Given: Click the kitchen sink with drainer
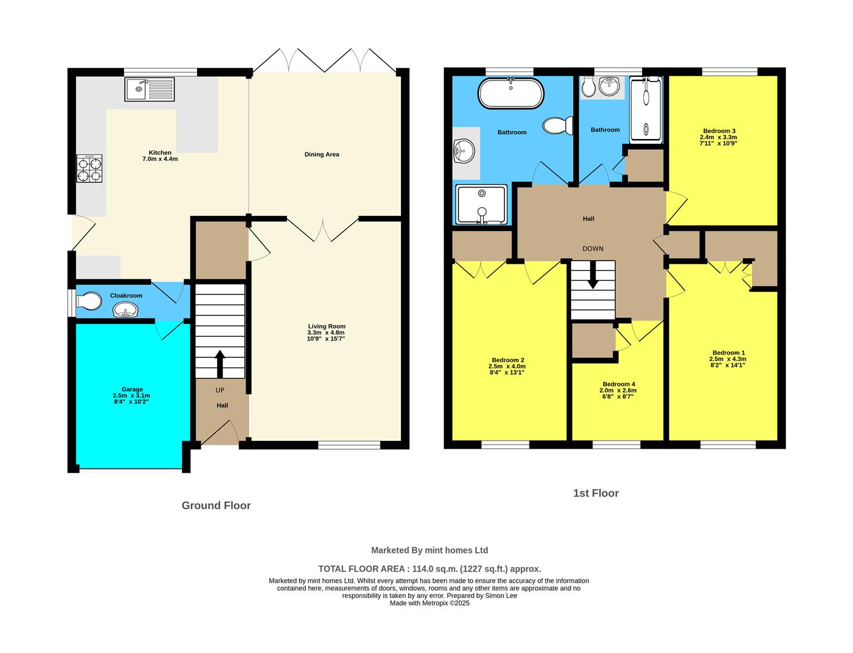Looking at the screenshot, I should click(149, 89).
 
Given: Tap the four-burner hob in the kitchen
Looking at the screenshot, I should click(89, 169).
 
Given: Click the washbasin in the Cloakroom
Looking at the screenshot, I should click(125, 311).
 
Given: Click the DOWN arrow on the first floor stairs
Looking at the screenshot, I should click(592, 275).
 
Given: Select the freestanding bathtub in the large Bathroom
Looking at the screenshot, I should click(511, 94).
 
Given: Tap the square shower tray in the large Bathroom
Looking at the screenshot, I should click(481, 204).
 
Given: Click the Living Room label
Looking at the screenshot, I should click(326, 326).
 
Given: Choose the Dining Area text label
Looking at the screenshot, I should click(322, 155).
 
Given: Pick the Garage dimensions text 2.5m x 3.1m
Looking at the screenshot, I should click(131, 395).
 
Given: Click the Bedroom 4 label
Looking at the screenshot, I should click(618, 384).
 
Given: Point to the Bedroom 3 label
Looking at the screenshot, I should click(719, 131).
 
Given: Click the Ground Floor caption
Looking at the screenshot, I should click(216, 505).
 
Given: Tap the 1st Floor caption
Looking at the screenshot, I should click(595, 493).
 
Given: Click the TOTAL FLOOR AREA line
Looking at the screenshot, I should click(429, 569).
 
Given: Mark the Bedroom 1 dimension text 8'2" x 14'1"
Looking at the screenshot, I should click(728, 365).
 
